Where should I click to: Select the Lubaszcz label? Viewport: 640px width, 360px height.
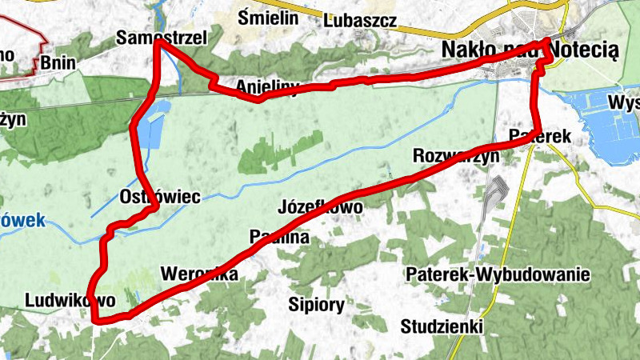tap(360, 20)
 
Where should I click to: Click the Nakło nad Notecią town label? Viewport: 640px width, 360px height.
tap(530, 50)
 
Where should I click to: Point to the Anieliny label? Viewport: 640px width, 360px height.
tap(267, 86)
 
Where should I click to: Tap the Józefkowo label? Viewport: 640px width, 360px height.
tap(319, 206)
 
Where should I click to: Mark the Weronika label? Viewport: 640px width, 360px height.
tap(199, 274)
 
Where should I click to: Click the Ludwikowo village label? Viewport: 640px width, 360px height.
tap(70, 300)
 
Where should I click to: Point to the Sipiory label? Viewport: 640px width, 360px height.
tap(316, 304)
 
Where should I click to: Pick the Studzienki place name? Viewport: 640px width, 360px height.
tap(442, 326)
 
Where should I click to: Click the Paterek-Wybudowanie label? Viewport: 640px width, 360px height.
tap(498, 275)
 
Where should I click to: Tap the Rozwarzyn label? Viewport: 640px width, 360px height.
tap(455, 155)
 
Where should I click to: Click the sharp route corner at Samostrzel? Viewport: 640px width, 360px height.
tap(157, 43)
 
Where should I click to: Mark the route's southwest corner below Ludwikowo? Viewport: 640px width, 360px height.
tap(96, 321)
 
